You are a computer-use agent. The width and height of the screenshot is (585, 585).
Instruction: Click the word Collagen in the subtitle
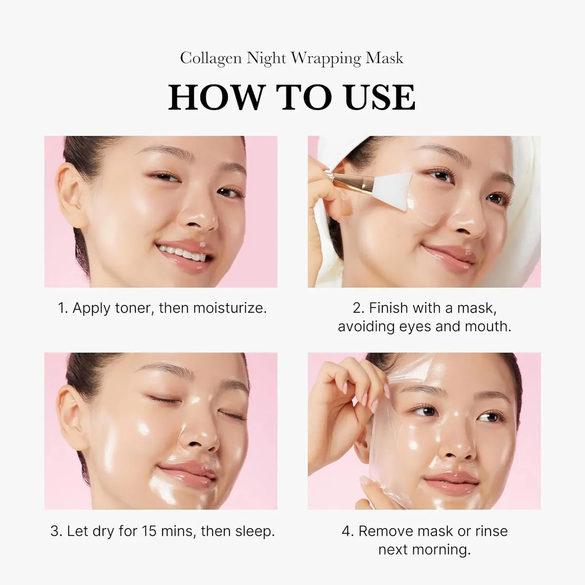click(x=211, y=58)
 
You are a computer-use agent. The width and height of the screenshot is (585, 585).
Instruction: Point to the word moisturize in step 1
click(x=225, y=308)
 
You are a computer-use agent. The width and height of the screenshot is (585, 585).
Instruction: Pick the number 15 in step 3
click(x=150, y=531)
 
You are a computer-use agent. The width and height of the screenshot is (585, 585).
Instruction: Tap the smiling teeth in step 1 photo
click(x=182, y=252)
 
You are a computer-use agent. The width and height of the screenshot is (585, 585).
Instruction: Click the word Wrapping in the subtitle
click(x=326, y=58)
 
